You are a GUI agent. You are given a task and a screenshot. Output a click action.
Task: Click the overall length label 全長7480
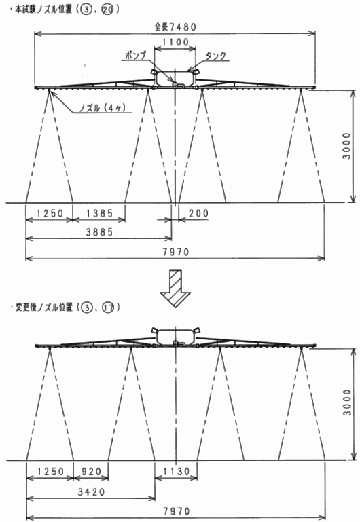(x=175, y=26)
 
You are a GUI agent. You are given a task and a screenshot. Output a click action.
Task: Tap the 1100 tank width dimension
(x=175, y=42)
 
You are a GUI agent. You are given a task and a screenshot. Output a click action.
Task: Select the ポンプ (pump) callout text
(x=136, y=55)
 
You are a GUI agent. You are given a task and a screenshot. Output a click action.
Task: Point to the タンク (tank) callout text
(x=215, y=56)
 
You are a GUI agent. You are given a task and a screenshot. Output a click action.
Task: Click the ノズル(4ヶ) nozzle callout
(x=103, y=107)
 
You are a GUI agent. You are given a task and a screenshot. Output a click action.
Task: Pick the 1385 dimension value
(x=100, y=213)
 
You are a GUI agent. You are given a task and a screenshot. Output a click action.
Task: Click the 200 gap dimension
(x=198, y=213)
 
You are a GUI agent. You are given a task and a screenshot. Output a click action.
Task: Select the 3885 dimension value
(x=100, y=231)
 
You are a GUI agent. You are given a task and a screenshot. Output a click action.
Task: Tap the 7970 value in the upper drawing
(x=176, y=252)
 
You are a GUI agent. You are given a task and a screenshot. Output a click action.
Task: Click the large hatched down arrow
(x=175, y=288)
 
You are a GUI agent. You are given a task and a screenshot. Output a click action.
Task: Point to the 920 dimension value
(x=91, y=471)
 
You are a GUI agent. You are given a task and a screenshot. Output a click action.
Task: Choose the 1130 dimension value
(x=177, y=471)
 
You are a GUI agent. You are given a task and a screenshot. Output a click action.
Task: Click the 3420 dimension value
(x=91, y=491)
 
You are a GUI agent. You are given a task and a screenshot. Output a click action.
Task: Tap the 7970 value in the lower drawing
(x=177, y=510)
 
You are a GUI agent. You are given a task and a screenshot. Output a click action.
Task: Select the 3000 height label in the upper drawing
(x=347, y=146)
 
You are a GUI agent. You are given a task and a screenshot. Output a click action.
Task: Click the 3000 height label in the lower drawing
(x=347, y=402)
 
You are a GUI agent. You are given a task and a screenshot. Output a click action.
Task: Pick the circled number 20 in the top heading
(x=107, y=10)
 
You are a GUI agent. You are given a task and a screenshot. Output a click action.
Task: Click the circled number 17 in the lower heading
(x=107, y=307)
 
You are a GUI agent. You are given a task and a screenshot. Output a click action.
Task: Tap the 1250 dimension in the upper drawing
(x=50, y=213)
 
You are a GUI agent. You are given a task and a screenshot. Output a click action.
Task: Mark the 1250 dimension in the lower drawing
(x=50, y=471)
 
